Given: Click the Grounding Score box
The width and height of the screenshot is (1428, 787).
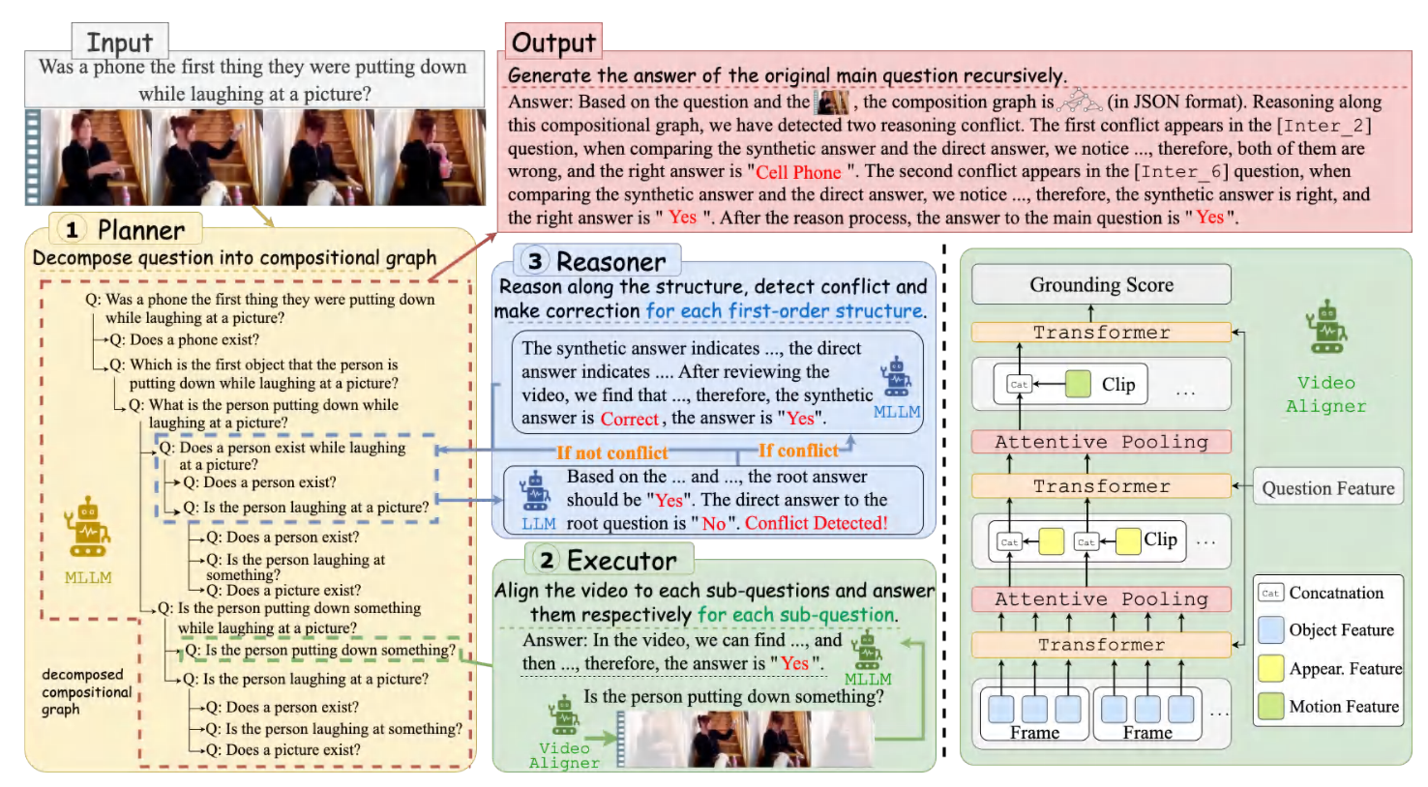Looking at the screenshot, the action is pyautogui.click(x=1101, y=284).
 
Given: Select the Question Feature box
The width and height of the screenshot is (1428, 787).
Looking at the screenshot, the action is pyautogui.click(x=1328, y=488).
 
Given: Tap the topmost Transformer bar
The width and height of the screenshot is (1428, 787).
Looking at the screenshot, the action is pyautogui.click(x=1101, y=332).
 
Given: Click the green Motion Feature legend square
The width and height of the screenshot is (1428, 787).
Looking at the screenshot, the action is pyautogui.click(x=1270, y=706).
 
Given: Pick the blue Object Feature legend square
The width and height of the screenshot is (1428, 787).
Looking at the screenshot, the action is pyautogui.click(x=1270, y=629).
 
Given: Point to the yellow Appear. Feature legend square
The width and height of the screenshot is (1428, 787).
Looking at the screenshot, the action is pyautogui.click(x=1270, y=668).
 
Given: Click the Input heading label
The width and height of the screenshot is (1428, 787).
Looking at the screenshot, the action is pyautogui.click(x=120, y=43).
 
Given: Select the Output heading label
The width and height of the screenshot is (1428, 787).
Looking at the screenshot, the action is pyautogui.click(x=553, y=43).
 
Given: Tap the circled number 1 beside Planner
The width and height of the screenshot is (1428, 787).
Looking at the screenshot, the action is pyautogui.click(x=72, y=230).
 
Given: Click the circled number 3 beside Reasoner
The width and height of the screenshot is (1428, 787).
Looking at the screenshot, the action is pyautogui.click(x=535, y=261).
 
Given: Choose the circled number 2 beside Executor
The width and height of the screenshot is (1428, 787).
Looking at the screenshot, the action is pyautogui.click(x=547, y=560).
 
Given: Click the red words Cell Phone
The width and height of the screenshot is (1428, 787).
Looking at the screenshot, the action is pyautogui.click(x=799, y=172).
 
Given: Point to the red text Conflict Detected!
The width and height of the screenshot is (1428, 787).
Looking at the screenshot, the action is pyautogui.click(x=816, y=523).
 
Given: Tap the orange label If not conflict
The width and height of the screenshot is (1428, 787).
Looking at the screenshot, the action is pyautogui.click(x=612, y=452).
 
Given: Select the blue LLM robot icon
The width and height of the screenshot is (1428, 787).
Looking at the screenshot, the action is pyautogui.click(x=536, y=491).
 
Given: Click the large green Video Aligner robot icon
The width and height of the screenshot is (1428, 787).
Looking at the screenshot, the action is pyautogui.click(x=1326, y=326).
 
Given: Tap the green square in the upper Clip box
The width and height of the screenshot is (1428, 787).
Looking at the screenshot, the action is pyautogui.click(x=1078, y=384).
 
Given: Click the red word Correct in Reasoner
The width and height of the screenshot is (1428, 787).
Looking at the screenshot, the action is pyautogui.click(x=629, y=419).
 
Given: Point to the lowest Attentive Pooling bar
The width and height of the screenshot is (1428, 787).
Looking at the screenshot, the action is pyautogui.click(x=1101, y=599).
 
